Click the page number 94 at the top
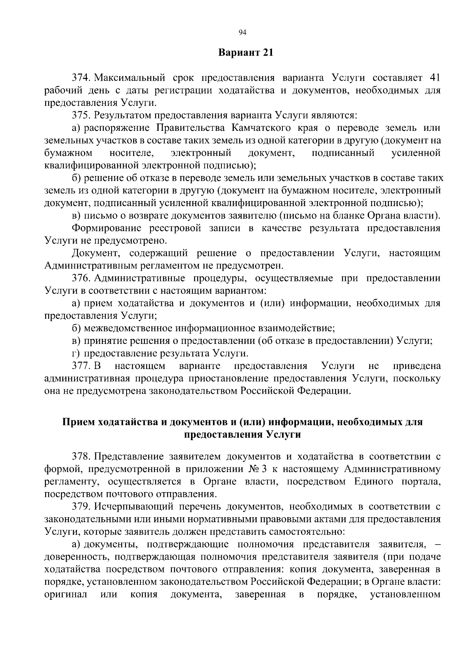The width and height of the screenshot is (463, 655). (242, 32)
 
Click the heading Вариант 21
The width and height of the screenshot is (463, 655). (246, 53)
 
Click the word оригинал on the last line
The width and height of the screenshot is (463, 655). (66, 594)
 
